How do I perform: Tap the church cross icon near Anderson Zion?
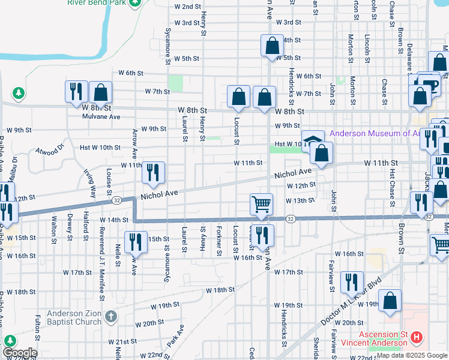coord(110,317)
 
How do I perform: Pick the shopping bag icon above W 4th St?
coord(272,45)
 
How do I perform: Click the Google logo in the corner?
coord(19,353)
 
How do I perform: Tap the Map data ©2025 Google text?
coord(412,356)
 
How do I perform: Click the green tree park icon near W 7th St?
coord(19,93)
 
